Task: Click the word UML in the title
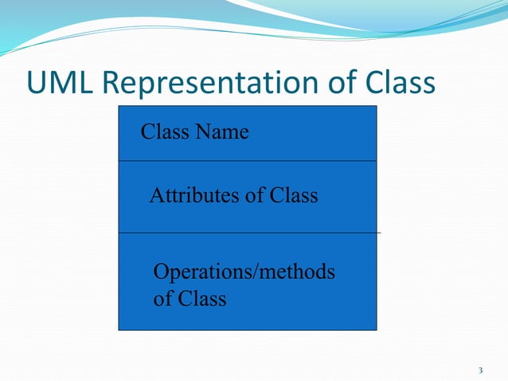(62, 83)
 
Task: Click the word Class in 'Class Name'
(162, 132)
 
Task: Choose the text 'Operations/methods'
(244, 273)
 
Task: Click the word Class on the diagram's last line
(201, 300)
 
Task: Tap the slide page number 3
(480, 371)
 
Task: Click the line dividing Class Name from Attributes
(248, 161)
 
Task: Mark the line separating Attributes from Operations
(248, 233)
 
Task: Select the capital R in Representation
(112, 83)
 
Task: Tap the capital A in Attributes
(156, 195)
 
